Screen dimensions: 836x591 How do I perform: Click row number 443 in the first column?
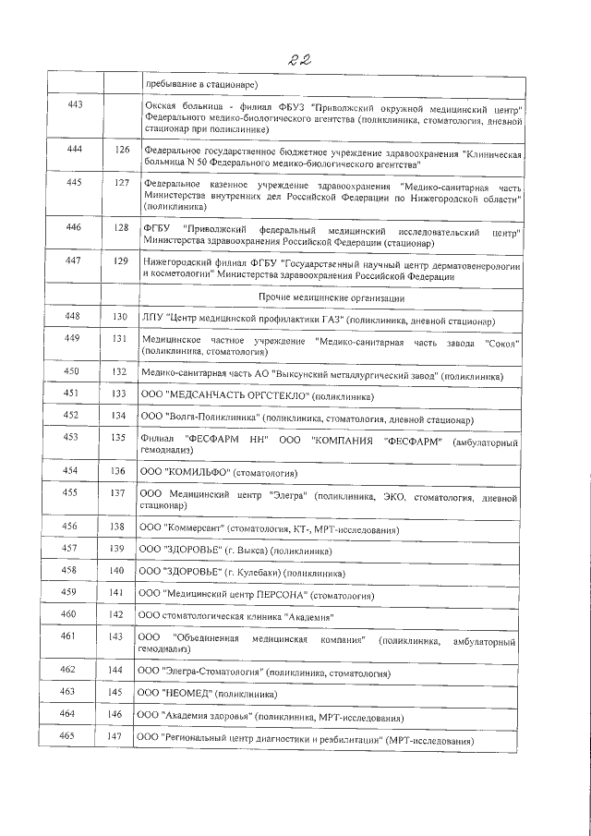coord(76,104)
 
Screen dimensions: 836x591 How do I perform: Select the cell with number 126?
coord(121,150)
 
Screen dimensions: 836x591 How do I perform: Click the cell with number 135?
coord(116,437)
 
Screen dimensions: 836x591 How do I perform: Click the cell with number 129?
coord(121,260)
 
